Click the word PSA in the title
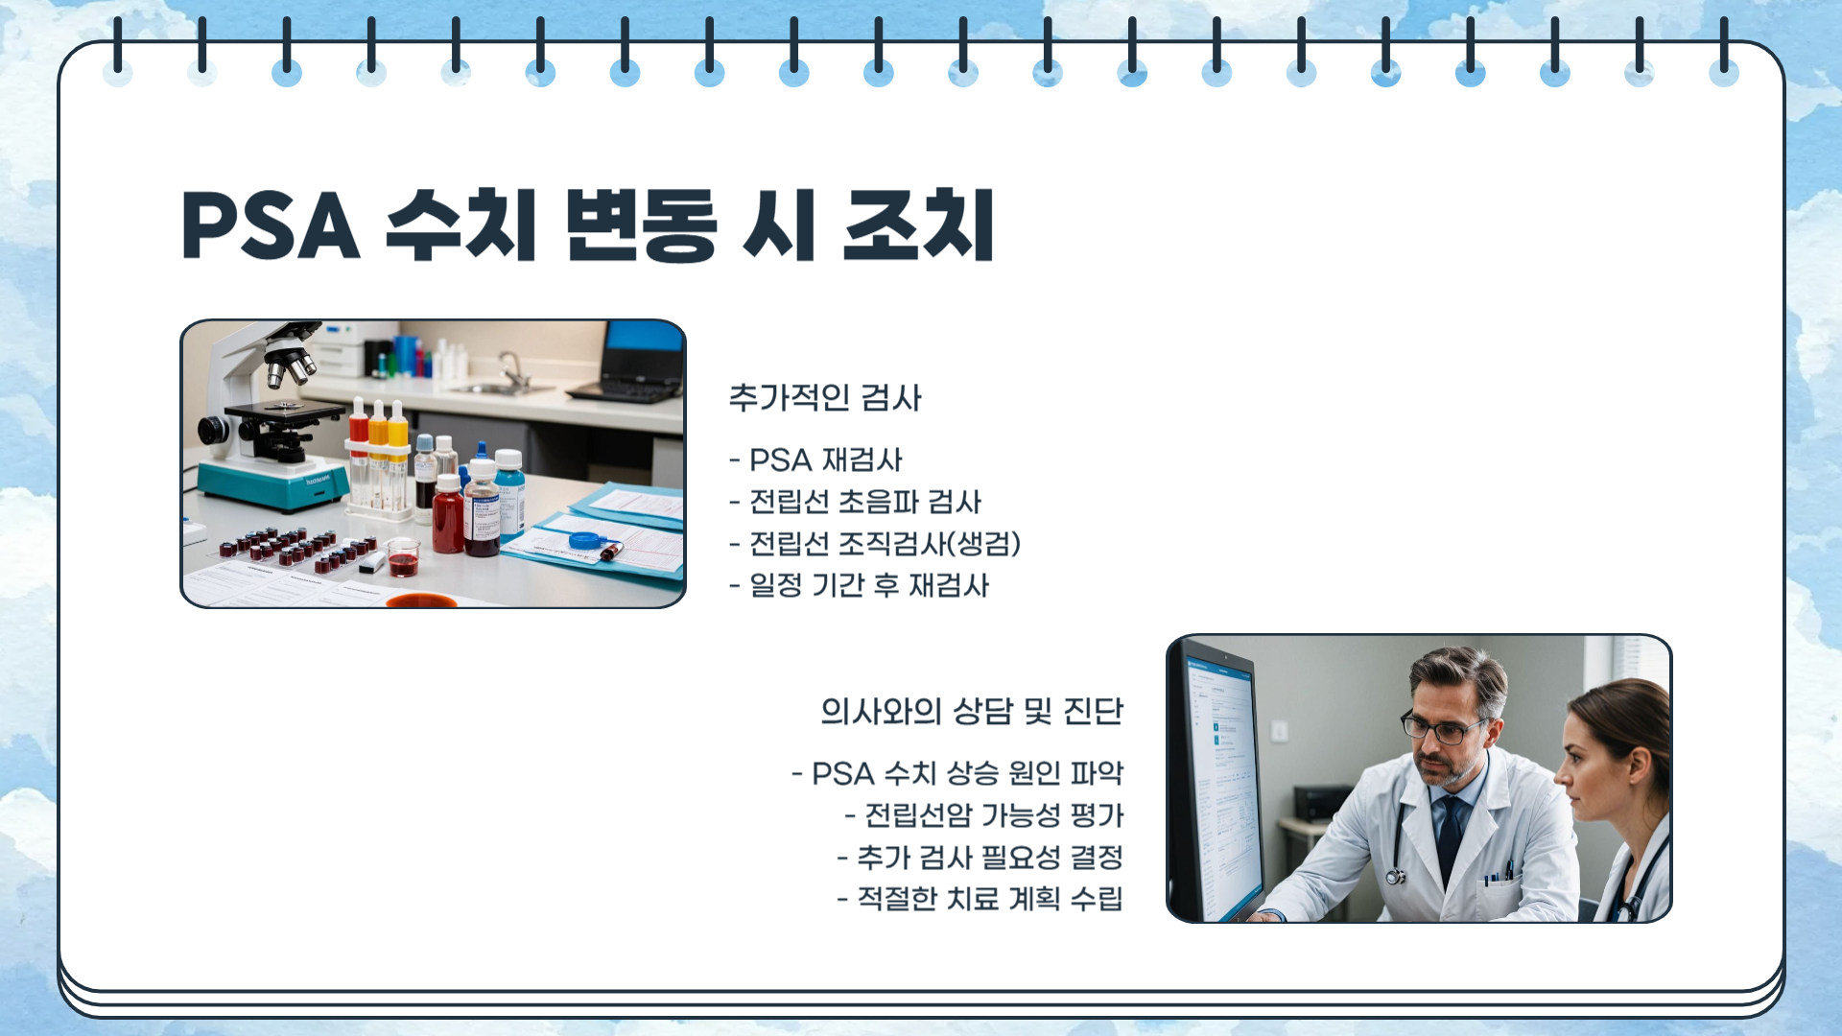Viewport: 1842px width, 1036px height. [x=271, y=226]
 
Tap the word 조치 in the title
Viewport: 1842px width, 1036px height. [x=918, y=226]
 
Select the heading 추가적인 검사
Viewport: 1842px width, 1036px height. [x=825, y=397]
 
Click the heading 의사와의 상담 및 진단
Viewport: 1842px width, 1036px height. [x=971, y=711]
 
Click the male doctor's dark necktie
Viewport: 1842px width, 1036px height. [x=1451, y=830]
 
